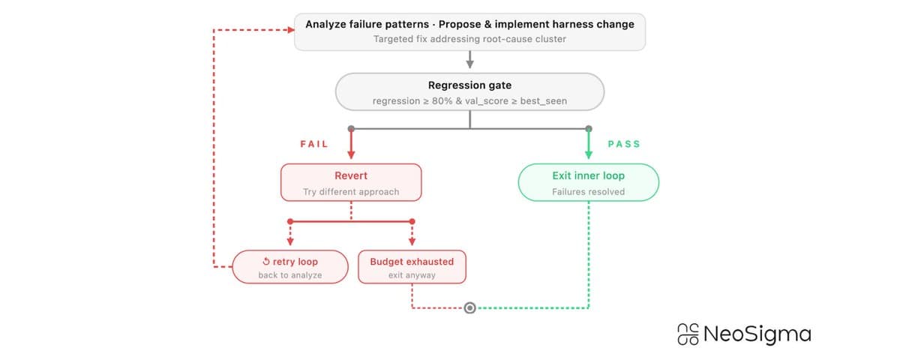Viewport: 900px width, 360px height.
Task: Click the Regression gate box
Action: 469,92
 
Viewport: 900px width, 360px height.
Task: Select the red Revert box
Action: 351,183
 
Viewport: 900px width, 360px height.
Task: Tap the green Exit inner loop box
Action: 589,183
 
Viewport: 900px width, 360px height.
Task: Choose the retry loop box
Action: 290,267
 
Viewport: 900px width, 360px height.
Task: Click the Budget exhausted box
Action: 412,267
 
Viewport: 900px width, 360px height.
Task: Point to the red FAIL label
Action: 314,144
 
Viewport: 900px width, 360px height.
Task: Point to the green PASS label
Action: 624,144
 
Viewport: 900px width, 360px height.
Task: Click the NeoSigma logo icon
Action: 688,334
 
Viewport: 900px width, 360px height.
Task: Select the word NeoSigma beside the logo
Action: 757,334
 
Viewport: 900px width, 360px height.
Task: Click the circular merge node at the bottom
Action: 469,307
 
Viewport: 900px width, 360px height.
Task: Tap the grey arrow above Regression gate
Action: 469,60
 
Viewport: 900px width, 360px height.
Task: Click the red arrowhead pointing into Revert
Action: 351,154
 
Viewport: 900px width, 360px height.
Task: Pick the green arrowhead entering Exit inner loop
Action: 589,154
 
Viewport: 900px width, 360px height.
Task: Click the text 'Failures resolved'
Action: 589,192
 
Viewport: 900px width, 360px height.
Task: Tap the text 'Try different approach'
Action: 351,192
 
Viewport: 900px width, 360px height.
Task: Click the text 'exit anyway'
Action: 412,275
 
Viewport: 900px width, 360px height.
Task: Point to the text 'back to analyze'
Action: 290,275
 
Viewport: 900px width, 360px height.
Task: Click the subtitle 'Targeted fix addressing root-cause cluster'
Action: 469,39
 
